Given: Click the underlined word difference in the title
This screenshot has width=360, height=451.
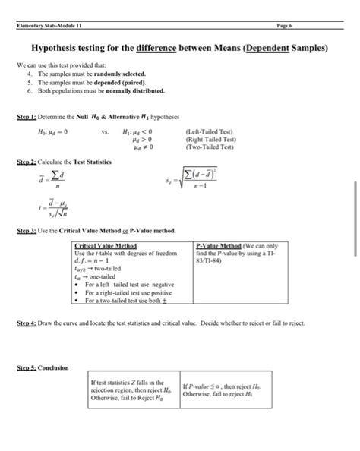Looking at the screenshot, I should [x=156, y=48].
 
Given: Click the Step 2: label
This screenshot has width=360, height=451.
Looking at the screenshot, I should [x=27, y=162].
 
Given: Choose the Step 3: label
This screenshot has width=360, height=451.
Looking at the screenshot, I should [x=27, y=230].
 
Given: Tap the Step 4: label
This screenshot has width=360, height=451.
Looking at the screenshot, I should [x=27, y=323].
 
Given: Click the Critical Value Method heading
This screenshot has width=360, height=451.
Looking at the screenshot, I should [x=106, y=247].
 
